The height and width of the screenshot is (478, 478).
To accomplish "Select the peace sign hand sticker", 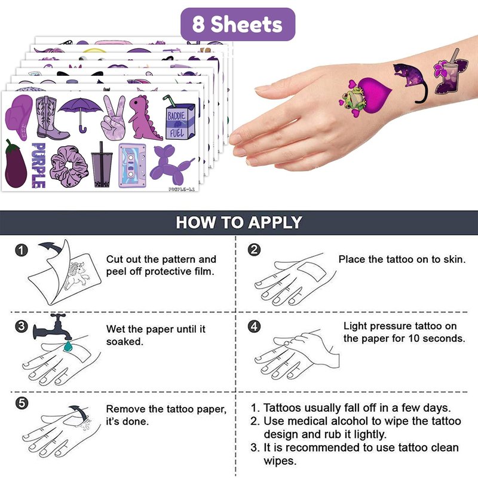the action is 114,117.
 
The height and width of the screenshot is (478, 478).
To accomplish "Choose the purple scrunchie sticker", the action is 69,166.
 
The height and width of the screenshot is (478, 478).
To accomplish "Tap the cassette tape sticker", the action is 132,166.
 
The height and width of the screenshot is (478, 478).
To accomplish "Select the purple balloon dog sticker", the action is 171,165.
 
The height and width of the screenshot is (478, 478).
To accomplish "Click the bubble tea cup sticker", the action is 102,166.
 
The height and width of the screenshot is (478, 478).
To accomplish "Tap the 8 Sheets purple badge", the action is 238,24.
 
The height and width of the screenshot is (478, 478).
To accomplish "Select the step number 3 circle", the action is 22,326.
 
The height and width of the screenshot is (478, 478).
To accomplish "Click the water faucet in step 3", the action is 53,327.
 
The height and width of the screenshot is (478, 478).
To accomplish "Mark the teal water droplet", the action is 68,346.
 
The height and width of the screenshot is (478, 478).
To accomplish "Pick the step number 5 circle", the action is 22,403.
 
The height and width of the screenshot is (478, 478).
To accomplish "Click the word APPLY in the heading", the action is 275,222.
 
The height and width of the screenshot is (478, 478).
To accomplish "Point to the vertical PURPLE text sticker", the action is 39,166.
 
